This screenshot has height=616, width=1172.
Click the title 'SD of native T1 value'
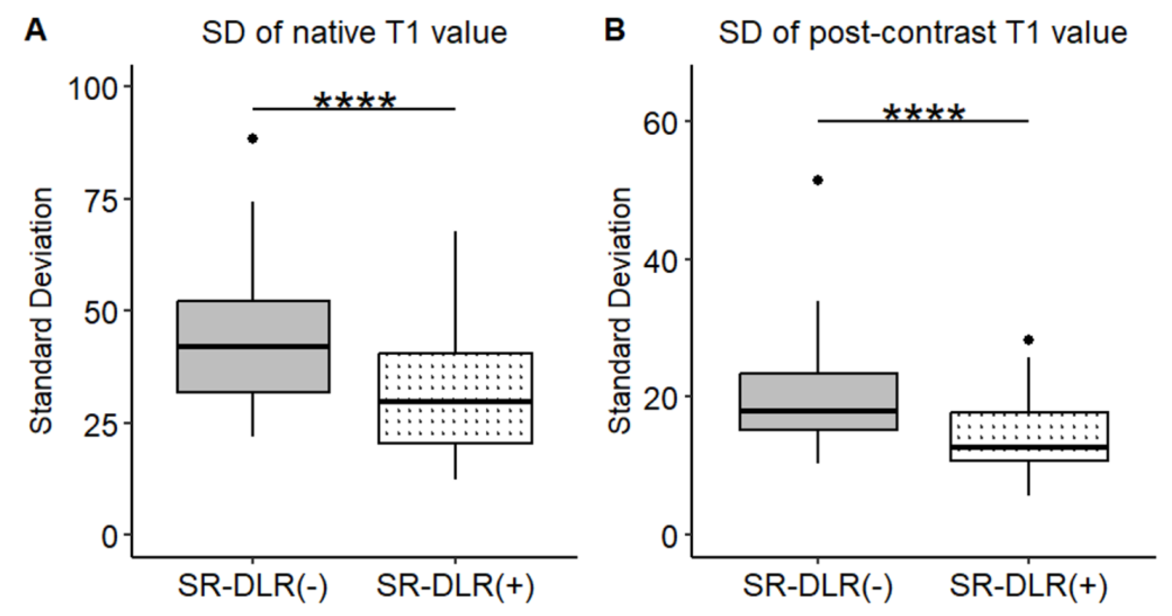click(354, 33)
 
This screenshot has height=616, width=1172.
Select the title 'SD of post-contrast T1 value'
click(923, 33)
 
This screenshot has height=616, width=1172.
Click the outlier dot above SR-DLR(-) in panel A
click(253, 139)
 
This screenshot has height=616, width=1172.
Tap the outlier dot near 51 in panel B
click(818, 180)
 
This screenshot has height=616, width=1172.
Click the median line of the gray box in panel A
click(254, 347)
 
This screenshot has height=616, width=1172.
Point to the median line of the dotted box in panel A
click(455, 401)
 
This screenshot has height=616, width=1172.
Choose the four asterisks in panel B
click(924, 114)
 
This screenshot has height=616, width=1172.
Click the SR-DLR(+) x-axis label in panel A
click(455, 587)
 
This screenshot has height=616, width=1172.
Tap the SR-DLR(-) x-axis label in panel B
click(818, 587)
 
